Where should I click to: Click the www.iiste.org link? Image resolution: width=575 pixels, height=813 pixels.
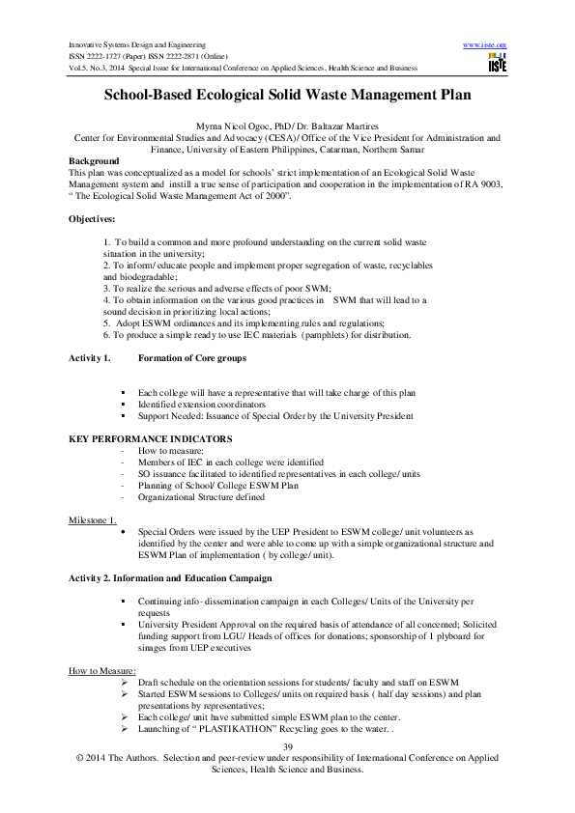(485, 45)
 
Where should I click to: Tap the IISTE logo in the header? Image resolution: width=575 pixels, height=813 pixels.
(498, 64)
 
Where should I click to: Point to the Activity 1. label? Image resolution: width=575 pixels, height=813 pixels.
(89, 358)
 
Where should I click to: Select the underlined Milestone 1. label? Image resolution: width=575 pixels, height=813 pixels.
(92, 520)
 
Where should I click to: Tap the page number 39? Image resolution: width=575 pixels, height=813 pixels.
(287, 748)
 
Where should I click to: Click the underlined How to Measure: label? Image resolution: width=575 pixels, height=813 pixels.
(101, 670)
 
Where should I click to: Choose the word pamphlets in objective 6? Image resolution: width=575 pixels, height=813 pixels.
(359, 335)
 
